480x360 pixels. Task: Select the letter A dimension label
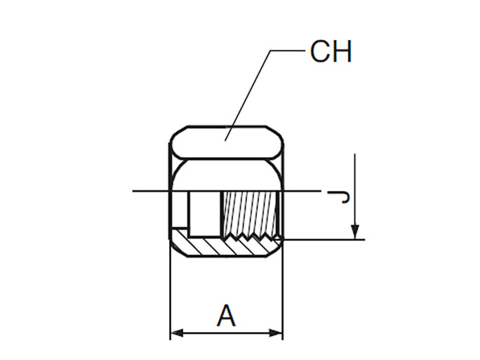coord(226,315)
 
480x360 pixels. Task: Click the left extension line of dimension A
coord(171,295)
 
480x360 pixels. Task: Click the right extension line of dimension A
coord(283,295)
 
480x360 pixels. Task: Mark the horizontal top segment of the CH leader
coord(288,51)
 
